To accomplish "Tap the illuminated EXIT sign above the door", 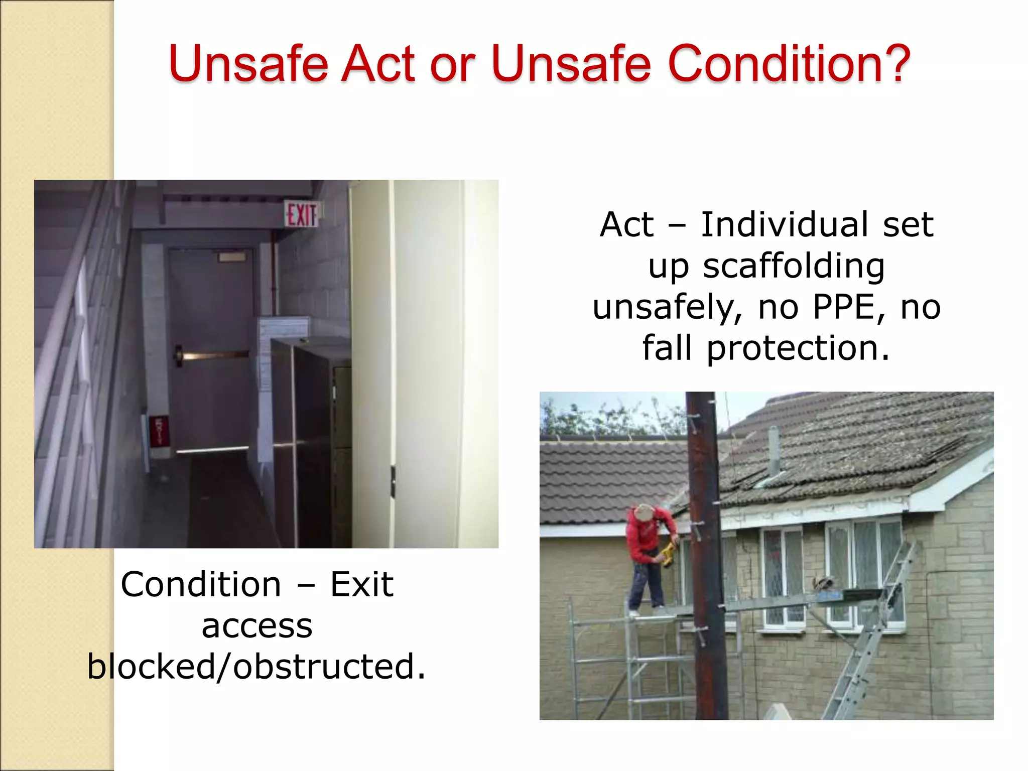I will (x=301, y=214).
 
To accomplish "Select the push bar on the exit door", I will (x=213, y=355).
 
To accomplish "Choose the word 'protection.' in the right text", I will (x=798, y=348).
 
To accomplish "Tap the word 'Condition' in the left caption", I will (x=201, y=585).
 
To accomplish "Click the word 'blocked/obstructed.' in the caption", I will (x=256, y=667).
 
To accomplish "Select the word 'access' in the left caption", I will (x=256, y=626).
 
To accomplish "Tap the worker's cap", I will (x=644, y=512).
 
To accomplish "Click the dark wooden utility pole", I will (x=705, y=552).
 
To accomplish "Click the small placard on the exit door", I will (x=232, y=257).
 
